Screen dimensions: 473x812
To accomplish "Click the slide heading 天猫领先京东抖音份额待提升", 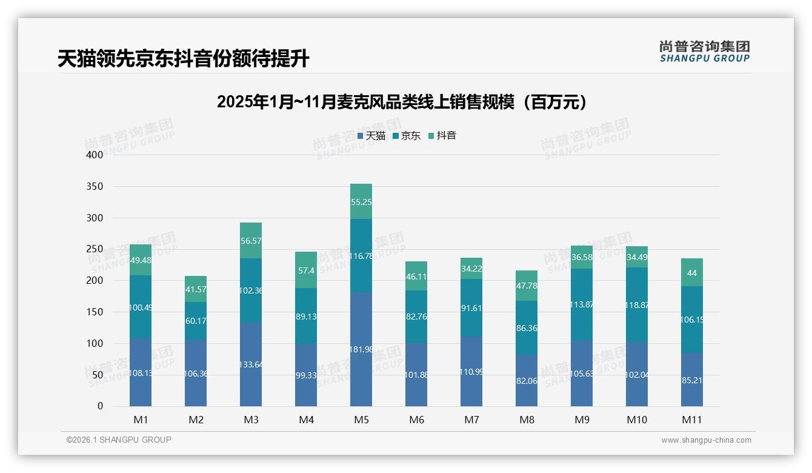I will tap(183, 58).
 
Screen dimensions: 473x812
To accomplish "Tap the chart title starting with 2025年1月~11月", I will tap(402, 102).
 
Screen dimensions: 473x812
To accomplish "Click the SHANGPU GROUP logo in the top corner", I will tap(704, 52).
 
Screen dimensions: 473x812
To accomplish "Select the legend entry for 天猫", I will tap(371, 136).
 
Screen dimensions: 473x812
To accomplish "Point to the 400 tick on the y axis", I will tap(95, 155).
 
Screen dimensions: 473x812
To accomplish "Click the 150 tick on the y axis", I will tap(95, 312).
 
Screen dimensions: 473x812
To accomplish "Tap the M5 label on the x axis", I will tap(361, 420).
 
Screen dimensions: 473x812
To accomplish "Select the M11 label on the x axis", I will tap(691, 420).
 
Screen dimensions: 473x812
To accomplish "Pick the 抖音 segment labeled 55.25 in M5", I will tap(361, 201).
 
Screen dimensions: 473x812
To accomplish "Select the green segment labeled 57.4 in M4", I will tap(306, 270).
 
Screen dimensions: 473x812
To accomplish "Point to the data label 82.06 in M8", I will tap(527, 381).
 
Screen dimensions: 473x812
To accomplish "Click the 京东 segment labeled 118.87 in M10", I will tap(637, 304).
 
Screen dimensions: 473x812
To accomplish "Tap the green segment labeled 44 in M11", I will tap(692, 273).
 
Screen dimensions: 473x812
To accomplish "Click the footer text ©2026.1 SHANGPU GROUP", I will tap(119, 440).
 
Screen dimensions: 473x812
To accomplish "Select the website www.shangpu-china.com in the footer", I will tap(706, 440).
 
